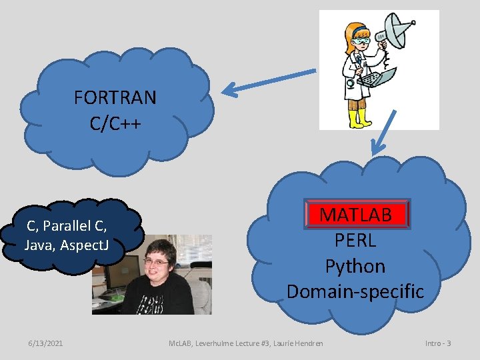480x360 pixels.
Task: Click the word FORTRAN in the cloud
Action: [x=115, y=98]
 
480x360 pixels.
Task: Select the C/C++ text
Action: [x=115, y=123]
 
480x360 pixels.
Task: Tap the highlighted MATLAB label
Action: [x=355, y=215]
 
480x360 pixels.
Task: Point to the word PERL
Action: [x=355, y=240]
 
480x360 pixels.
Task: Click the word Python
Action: [x=355, y=266]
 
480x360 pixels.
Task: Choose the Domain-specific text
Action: [x=355, y=291]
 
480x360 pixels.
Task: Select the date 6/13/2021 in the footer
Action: [x=46, y=343]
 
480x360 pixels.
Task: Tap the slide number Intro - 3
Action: [x=438, y=343]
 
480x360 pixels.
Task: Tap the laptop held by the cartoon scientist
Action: [x=377, y=78]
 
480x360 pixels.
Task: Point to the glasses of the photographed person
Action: [x=156, y=262]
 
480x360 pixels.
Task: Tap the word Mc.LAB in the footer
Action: [x=180, y=343]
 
